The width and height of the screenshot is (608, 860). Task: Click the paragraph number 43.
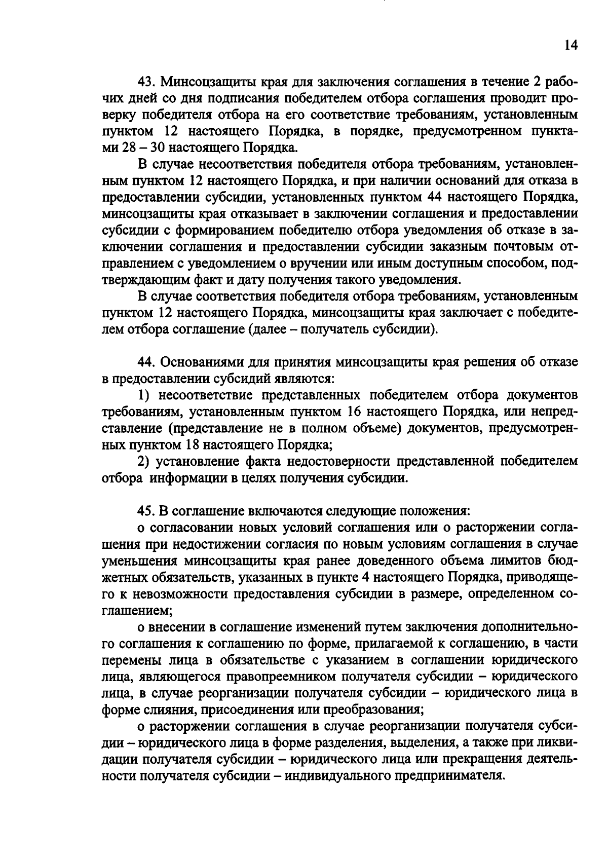click(x=146, y=82)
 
